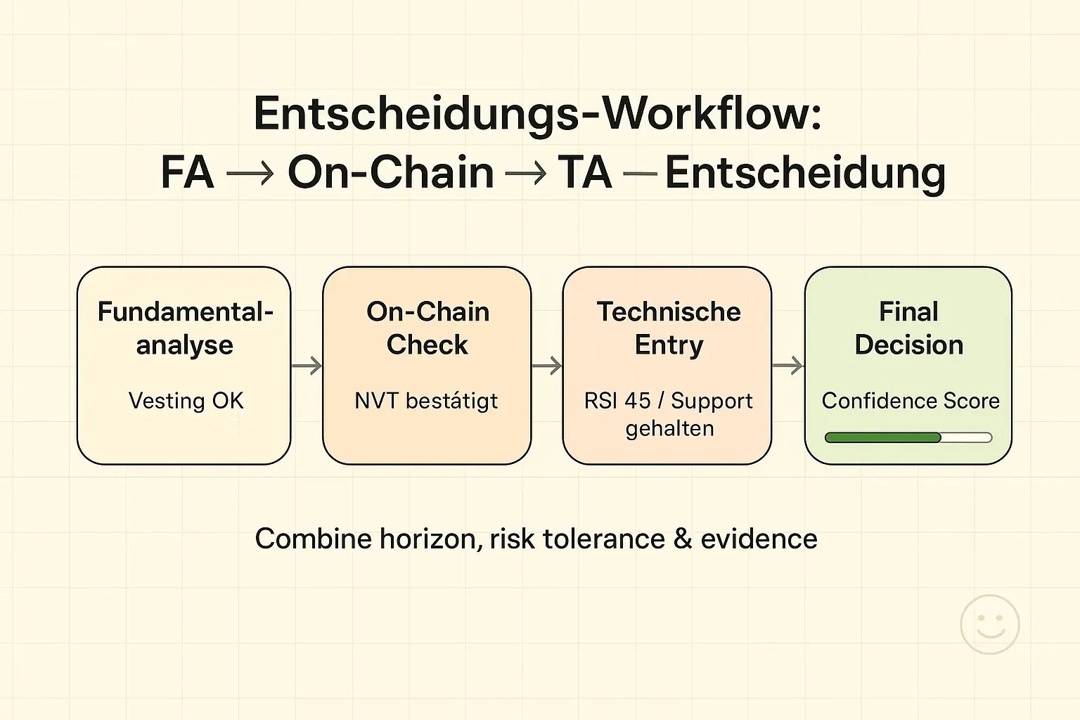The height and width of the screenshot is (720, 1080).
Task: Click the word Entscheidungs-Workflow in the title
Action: click(537, 114)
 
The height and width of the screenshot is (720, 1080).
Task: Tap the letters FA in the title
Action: click(187, 173)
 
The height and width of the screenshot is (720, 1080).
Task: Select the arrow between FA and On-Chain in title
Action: click(250, 174)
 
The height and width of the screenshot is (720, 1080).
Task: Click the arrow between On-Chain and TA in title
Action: click(526, 174)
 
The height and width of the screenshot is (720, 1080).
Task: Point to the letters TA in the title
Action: click(584, 173)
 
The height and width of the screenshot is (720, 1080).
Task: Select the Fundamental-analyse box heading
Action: click(185, 328)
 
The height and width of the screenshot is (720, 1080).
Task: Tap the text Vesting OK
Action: click(186, 401)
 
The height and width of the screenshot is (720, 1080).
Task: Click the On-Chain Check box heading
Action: click(427, 328)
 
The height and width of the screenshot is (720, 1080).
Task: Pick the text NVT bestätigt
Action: click(426, 401)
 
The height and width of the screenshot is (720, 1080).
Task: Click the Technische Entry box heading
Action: click(669, 328)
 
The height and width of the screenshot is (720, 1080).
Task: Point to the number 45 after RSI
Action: click(638, 401)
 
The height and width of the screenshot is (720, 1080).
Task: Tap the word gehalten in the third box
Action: click(669, 428)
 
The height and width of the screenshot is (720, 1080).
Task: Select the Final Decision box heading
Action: click(908, 328)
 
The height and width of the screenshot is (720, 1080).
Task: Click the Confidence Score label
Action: click(911, 401)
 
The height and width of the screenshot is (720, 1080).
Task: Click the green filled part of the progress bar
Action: click(882, 437)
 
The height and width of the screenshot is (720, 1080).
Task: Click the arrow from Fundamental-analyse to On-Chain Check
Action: click(307, 366)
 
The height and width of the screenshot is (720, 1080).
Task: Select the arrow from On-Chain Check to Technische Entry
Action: click(547, 366)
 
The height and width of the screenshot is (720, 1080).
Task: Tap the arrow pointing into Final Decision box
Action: click(787, 366)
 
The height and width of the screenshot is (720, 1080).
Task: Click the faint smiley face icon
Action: click(989, 624)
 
